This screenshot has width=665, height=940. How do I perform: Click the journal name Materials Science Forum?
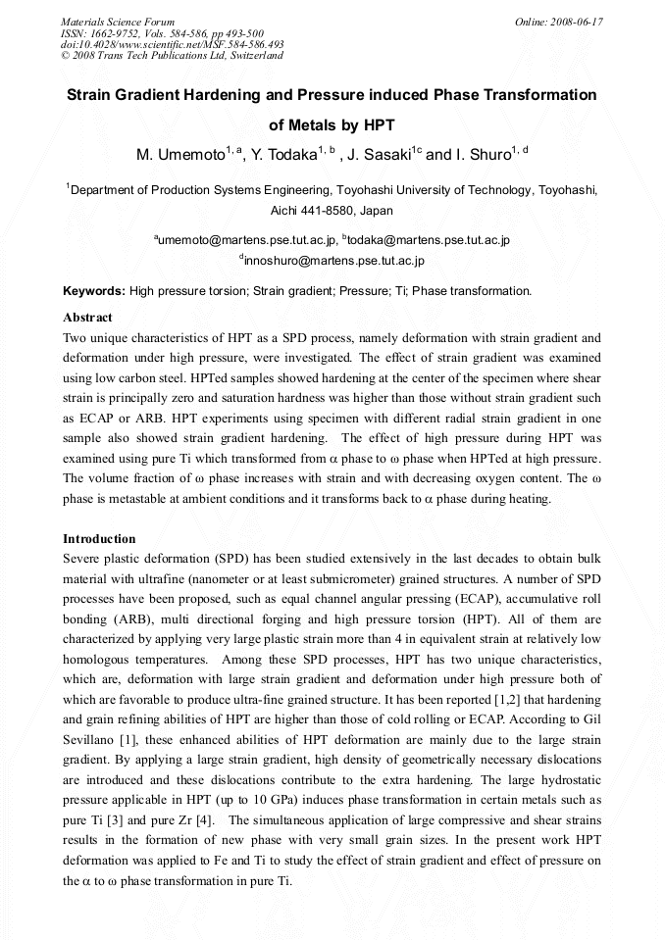[x=118, y=21]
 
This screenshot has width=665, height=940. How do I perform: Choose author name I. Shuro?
[x=484, y=155]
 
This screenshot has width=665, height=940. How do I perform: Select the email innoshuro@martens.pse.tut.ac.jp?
[x=334, y=261]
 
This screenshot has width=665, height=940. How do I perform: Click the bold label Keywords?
[x=94, y=291]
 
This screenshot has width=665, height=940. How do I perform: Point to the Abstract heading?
[x=87, y=318]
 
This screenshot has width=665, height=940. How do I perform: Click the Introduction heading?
[x=99, y=539]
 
